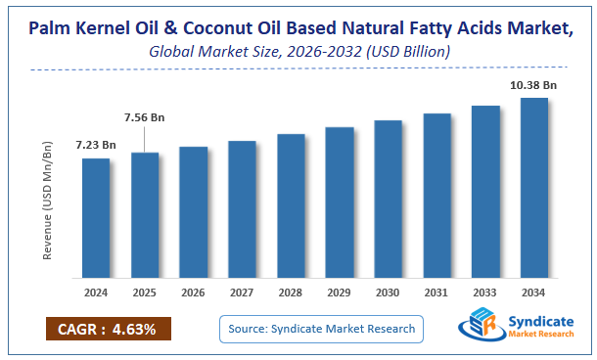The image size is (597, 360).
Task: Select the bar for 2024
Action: (96, 217)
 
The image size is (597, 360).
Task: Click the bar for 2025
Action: (145, 214)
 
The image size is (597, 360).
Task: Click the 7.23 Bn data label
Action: (95, 146)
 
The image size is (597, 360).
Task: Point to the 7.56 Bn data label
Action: (143, 117)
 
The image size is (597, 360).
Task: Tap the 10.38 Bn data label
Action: (533, 86)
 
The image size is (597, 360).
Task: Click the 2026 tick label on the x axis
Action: (194, 292)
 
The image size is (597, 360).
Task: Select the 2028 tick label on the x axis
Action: (291, 292)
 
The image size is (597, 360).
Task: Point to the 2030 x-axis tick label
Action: (389, 292)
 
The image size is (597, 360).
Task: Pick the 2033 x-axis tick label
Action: (485, 292)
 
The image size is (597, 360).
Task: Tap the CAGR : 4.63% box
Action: (108, 328)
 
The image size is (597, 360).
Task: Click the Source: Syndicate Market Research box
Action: (322, 328)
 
